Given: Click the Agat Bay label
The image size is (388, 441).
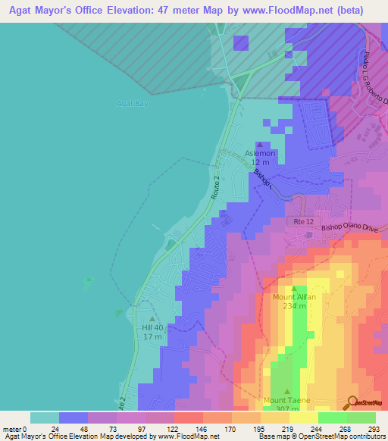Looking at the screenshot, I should click(132, 103).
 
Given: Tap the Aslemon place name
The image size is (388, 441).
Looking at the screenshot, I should click(260, 154).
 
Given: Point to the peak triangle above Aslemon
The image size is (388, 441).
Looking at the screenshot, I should click(260, 145).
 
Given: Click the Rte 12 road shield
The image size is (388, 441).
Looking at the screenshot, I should click(299, 220).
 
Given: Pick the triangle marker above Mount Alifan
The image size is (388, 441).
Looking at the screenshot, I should click(293, 289).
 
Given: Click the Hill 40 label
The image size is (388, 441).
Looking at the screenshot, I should click(153, 327).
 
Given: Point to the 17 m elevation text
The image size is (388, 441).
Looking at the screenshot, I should click(153, 336).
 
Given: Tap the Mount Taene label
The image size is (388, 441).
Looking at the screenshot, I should click(286, 399).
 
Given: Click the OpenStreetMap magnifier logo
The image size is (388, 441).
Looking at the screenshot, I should click(353, 402).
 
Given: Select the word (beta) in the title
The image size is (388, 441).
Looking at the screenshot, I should click(346, 11).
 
